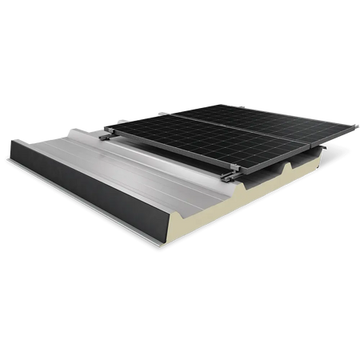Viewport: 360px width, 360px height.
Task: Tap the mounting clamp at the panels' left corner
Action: coord(105,130)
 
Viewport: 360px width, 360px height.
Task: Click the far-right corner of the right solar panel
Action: coord(357,125)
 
